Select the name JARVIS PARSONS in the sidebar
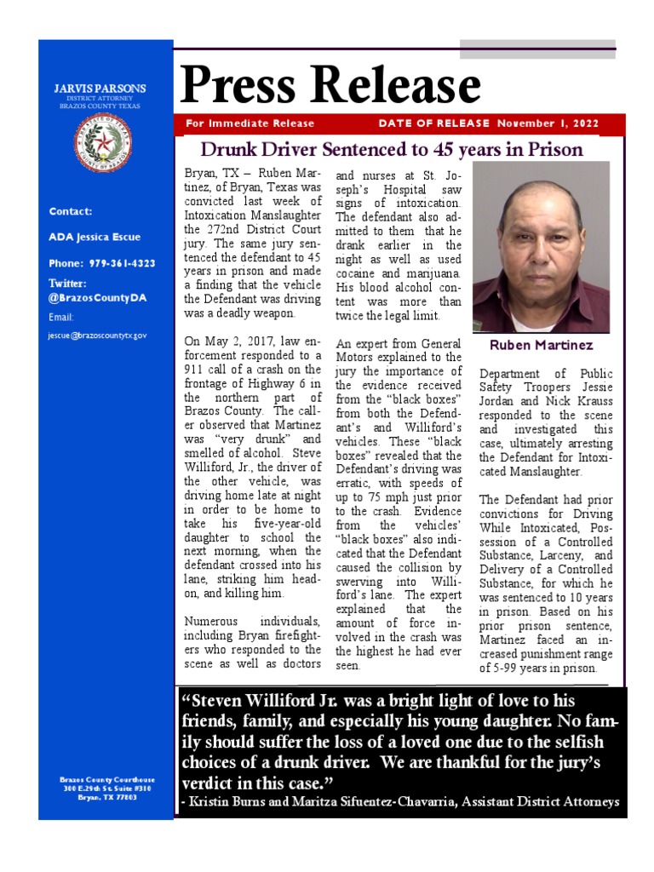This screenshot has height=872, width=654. [100, 89]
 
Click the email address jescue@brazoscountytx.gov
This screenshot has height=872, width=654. [97, 336]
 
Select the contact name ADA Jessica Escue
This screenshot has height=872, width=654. [95, 237]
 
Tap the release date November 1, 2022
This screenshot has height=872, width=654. [548, 123]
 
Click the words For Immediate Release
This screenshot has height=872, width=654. [250, 123]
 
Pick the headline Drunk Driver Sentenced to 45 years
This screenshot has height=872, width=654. [391, 150]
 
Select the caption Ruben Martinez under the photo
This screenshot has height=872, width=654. [540, 346]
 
